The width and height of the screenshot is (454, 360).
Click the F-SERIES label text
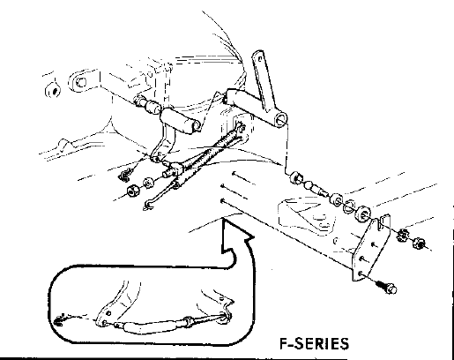tap(314, 343)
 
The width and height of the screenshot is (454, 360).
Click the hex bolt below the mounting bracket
tap(387, 288)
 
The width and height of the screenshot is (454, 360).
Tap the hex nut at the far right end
tap(418, 243)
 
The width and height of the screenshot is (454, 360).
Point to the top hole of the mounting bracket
tap(374, 244)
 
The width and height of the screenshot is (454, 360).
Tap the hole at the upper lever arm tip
tap(260, 59)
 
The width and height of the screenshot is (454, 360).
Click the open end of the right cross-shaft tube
tap(281, 120)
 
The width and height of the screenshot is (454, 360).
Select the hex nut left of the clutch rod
tap(133, 191)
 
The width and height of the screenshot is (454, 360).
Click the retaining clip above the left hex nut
tap(124, 176)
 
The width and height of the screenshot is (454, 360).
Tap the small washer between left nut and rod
tap(148, 183)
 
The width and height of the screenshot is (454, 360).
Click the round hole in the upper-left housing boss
tap(81, 81)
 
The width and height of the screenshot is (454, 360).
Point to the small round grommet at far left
tap(54, 91)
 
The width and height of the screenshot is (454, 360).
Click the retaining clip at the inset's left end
tap(61, 319)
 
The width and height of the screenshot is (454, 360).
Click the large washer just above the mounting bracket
tap(363, 214)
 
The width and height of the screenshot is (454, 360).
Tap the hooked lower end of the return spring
tap(149, 205)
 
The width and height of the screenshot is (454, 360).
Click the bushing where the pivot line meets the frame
tap(295, 178)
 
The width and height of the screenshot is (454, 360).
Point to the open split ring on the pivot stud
tap(350, 205)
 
